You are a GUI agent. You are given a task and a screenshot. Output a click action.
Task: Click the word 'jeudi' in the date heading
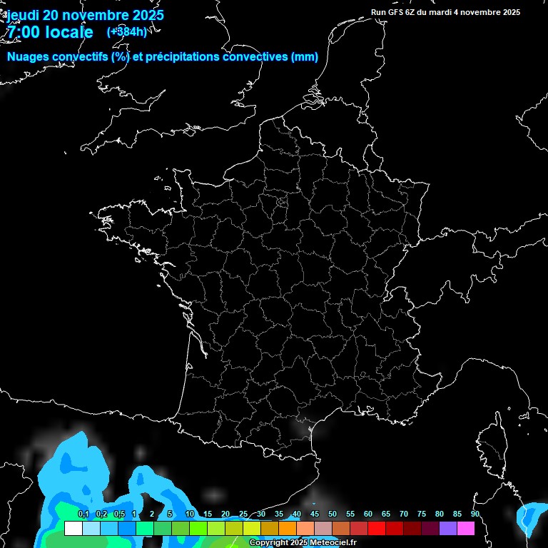coord(24,15)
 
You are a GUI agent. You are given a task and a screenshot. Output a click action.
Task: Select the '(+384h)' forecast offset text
coord(127,31)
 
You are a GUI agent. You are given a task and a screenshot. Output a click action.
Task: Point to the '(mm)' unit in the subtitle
coord(305,57)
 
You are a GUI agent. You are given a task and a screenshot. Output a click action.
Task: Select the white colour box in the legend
coord(73,528)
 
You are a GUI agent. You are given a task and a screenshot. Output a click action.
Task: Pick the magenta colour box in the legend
coord(466,528)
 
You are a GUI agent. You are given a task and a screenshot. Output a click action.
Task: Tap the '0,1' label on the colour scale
coord(83,514)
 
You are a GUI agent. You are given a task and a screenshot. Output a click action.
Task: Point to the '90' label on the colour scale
coord(475,514)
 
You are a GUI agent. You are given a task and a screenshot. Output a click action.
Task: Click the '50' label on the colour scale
coord(333,514)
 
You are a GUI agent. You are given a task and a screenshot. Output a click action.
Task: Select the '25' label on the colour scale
coord(243,514)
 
